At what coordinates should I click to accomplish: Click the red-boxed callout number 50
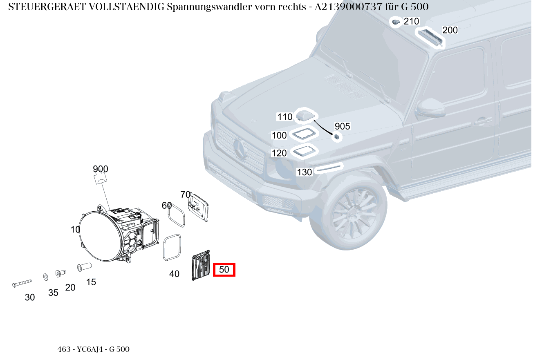pos(224,270)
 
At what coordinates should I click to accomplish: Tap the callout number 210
pos(411,21)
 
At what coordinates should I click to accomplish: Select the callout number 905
pos(343,126)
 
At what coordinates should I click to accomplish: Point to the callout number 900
pos(101,169)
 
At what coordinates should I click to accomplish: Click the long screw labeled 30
pos(22,283)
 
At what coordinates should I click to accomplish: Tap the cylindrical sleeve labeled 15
pos(84,267)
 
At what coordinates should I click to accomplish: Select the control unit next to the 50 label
pos(201,265)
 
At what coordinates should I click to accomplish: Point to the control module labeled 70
pos(198,207)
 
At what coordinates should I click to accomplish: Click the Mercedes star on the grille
pos(240,149)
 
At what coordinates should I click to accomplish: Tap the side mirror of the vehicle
pos(431,108)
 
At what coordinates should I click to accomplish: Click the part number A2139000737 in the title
pos(348,7)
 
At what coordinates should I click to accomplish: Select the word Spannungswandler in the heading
pos(236,7)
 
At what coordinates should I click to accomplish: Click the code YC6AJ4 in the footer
pos(90,349)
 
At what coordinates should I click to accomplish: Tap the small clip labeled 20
pos(60,273)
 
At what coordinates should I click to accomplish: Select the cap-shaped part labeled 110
pos(305,116)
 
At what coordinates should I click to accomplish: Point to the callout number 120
pos(279,153)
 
